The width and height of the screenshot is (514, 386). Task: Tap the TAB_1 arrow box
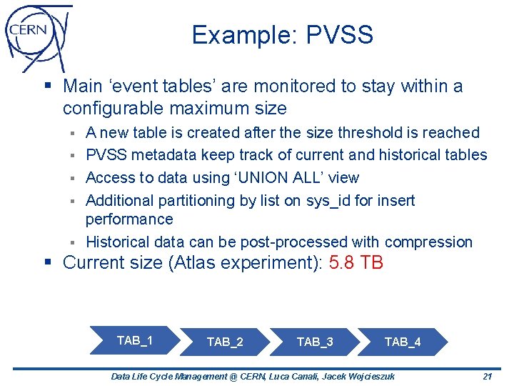click(x=133, y=340)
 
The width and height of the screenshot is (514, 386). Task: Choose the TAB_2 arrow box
click(x=224, y=342)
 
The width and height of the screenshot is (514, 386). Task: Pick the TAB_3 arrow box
click(x=314, y=342)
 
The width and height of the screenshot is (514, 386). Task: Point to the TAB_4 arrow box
click(x=403, y=342)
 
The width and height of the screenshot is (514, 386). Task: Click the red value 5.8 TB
click(x=356, y=263)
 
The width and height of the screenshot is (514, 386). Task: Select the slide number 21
click(x=488, y=376)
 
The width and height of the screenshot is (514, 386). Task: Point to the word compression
click(x=433, y=242)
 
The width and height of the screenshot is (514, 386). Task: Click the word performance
click(x=129, y=219)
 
